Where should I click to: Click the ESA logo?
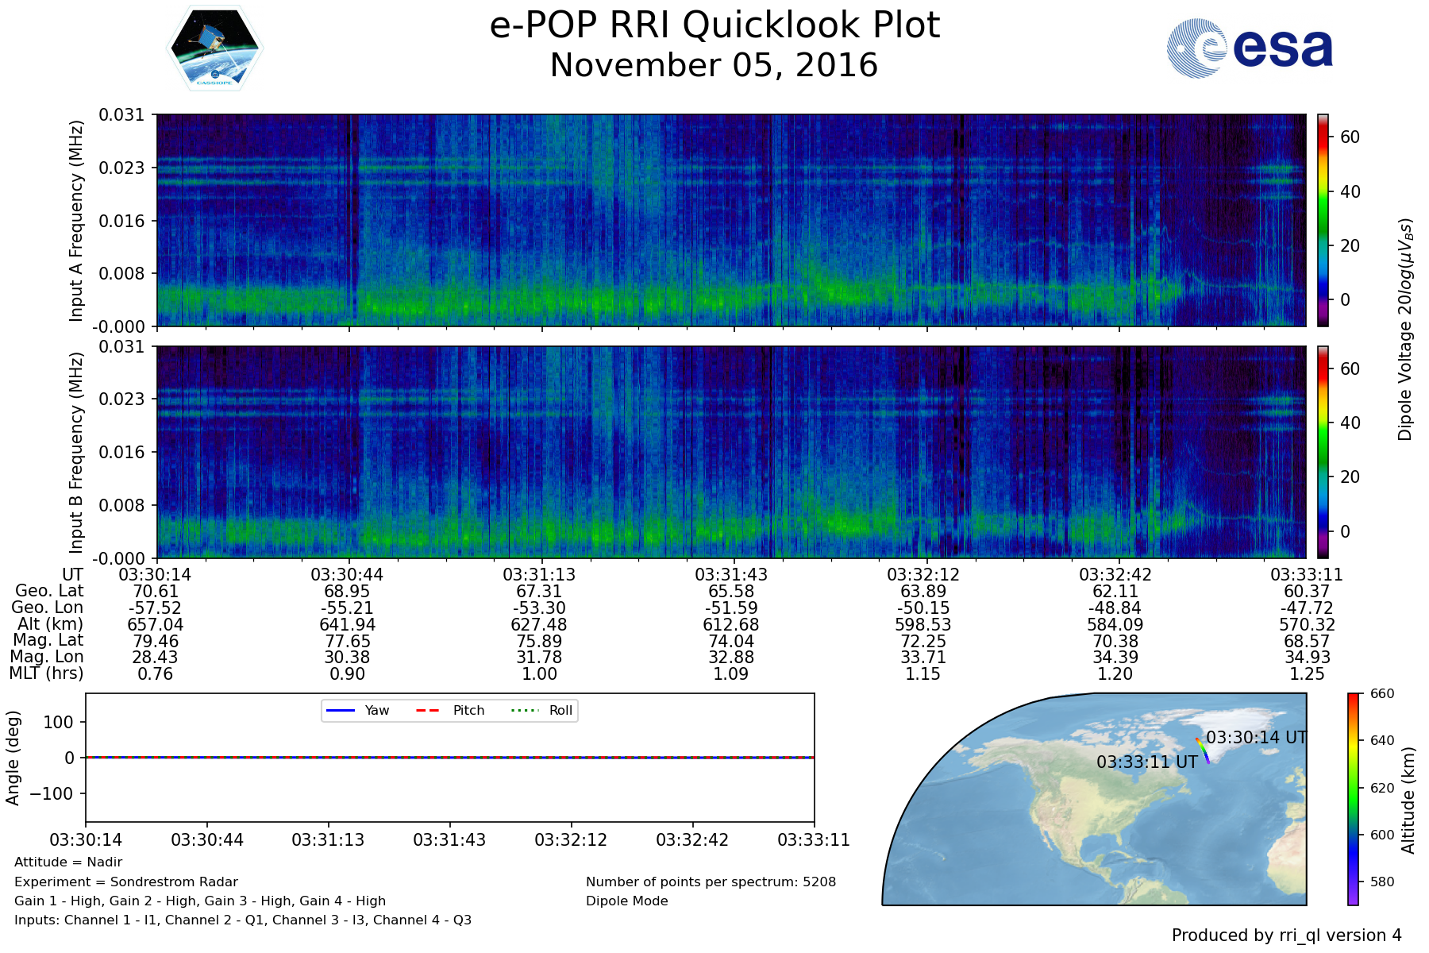pos(1250,48)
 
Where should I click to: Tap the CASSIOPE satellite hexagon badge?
pos(214,48)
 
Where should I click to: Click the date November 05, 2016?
pos(714,65)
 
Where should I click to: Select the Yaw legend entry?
pos(356,710)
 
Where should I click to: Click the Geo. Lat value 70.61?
pos(156,592)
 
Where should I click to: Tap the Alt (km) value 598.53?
pos(923,625)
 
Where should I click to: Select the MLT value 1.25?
pos(1307,674)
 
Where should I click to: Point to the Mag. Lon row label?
pos(47,657)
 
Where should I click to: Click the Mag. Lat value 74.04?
pos(731,642)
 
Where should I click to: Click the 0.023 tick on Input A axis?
pos(121,168)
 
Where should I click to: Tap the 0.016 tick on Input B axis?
pos(121,452)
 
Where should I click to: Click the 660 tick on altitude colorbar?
pos(1382,693)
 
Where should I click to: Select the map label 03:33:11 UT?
pos(1147,762)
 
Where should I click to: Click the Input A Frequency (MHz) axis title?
pos(76,221)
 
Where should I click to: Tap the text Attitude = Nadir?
pos(68,862)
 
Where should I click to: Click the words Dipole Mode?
pos(627,901)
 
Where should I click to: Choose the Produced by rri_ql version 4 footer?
pos(1287,936)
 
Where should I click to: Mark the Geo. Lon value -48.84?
pos(1115,608)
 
